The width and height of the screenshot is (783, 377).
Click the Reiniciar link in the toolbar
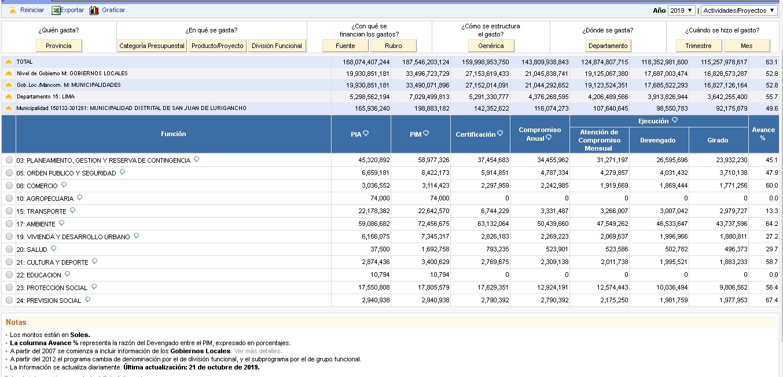[32, 10]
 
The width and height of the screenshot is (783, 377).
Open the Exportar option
[72, 10]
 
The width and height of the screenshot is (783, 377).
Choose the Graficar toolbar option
[113, 10]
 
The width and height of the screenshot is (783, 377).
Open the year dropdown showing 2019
[681, 10]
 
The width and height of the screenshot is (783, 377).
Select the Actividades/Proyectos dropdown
[739, 10]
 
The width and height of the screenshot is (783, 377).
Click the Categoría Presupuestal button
[152, 46]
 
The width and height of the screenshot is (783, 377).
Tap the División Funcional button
[277, 46]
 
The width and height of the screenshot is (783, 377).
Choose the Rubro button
[394, 46]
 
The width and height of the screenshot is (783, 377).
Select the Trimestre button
[699, 46]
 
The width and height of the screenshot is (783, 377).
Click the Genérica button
[491, 46]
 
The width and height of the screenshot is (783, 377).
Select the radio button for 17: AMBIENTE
[9, 224]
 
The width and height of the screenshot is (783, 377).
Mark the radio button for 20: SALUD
[9, 250]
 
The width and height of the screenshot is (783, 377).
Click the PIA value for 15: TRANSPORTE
[374, 211]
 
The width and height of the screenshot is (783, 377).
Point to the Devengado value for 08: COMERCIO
[674, 186]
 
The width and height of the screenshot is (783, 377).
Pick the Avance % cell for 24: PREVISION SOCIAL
[771, 301]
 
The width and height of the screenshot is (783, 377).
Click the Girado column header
[718, 140]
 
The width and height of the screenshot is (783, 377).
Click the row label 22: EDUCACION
[39, 275]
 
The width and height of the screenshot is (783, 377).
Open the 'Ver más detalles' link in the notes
[258, 351]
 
